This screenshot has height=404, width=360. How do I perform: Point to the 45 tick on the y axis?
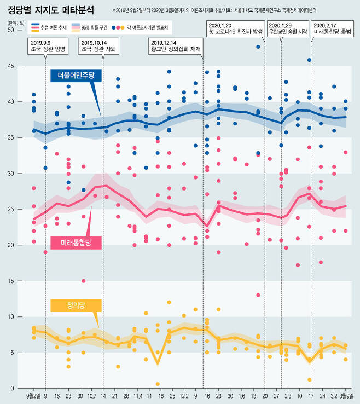[10, 66]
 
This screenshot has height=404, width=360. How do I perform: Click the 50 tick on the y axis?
[10, 30]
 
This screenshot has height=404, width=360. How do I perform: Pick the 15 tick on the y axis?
[10, 281]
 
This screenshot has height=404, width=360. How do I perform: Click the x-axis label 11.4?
[138, 396]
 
